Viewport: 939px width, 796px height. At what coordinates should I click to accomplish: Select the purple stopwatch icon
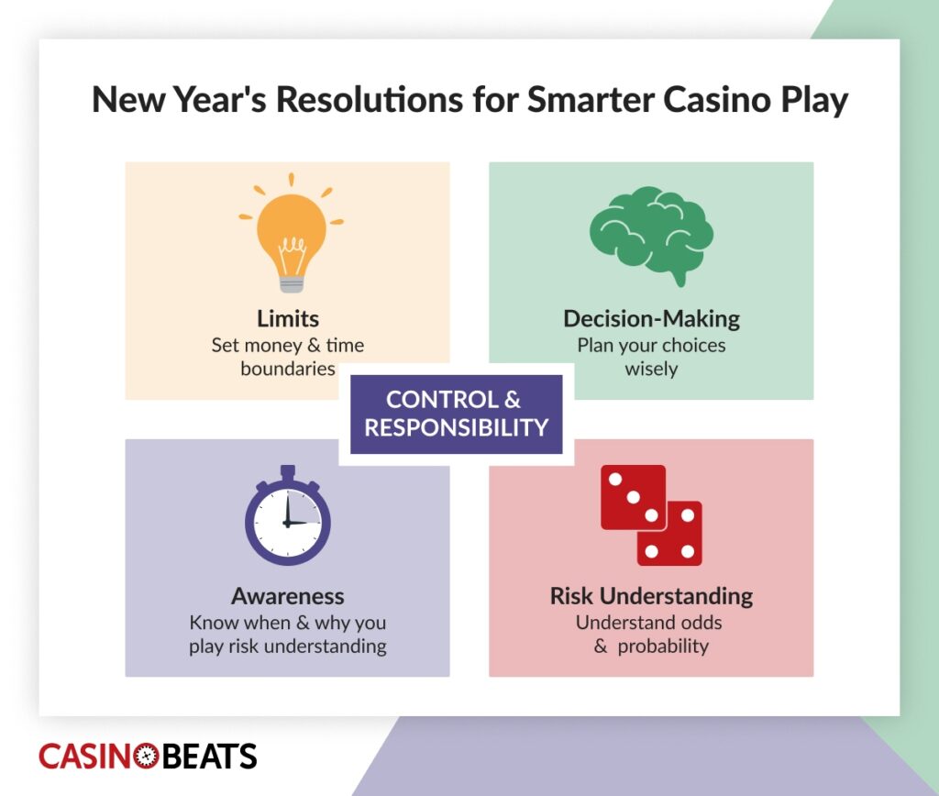[x=288, y=518]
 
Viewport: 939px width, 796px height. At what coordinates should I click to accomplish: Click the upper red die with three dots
[x=633, y=497]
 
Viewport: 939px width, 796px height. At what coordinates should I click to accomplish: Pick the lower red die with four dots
[x=670, y=533]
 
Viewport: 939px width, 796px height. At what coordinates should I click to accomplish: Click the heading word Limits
[x=288, y=319]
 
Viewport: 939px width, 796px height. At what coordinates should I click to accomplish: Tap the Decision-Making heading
[x=651, y=319]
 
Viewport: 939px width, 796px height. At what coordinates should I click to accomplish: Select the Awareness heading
[x=288, y=596]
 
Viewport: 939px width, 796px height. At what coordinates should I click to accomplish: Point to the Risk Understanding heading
[x=651, y=596]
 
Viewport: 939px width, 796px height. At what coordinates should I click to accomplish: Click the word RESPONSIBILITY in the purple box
[x=456, y=427]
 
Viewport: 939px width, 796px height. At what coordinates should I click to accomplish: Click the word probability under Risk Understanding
[x=663, y=646]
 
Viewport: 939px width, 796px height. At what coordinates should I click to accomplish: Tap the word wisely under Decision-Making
[x=651, y=370]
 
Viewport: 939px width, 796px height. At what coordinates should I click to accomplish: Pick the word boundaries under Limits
[x=284, y=370]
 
